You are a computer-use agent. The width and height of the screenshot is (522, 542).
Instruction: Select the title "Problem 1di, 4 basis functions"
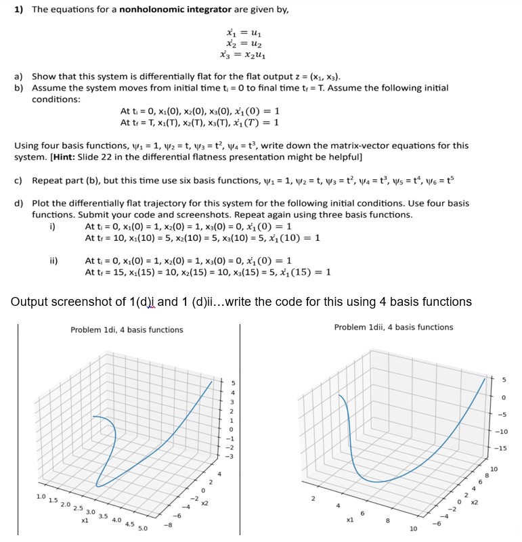[127, 330]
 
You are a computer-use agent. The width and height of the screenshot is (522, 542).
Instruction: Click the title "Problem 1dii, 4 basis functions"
[393, 327]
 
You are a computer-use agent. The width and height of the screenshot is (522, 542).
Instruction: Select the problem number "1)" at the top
[19, 10]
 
